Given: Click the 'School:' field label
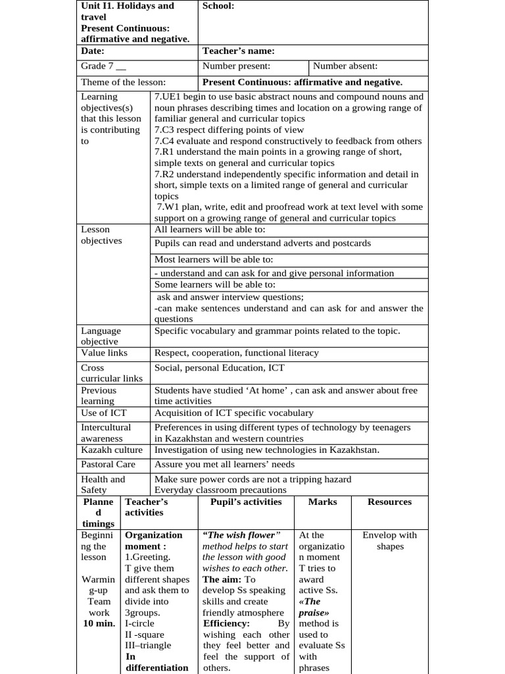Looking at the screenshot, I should (x=218, y=6).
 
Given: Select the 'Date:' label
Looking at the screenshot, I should (x=93, y=51).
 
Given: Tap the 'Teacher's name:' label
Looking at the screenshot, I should (x=238, y=51).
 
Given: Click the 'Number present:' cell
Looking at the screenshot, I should (x=236, y=66).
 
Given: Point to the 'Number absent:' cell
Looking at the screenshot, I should (x=345, y=66).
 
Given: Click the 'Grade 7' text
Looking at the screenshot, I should (x=103, y=66).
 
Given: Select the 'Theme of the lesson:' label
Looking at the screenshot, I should (x=123, y=82).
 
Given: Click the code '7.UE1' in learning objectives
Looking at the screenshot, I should (x=168, y=96).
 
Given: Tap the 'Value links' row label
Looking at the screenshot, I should (x=104, y=353).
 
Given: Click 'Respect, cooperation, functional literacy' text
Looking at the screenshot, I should (x=236, y=353).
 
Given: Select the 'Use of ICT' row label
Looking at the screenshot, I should (x=103, y=413).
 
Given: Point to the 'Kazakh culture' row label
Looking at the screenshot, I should (x=111, y=450).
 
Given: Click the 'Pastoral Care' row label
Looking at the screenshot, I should (x=108, y=464).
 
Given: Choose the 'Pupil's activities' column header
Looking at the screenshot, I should (x=245, y=502).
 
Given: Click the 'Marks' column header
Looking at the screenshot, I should (x=322, y=502).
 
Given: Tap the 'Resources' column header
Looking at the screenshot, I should (x=389, y=502).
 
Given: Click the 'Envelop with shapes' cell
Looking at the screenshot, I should (x=389, y=540).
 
